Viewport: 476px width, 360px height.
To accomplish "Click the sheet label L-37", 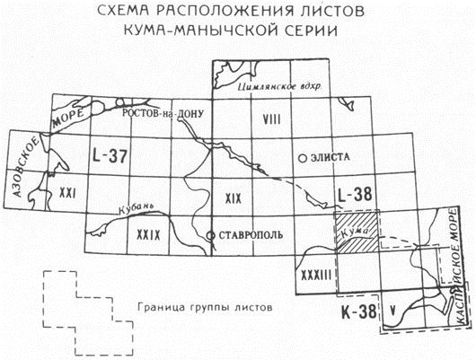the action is (x=110, y=156).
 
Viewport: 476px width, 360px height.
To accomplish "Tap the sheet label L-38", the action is (x=355, y=194).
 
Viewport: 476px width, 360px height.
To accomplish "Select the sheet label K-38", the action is (x=359, y=312).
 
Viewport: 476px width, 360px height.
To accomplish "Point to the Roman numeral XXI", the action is (x=67, y=193).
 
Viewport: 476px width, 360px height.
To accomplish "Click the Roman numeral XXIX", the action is (x=148, y=235).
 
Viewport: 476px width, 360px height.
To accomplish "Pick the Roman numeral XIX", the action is (x=234, y=198).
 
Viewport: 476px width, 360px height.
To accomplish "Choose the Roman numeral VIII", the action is (x=271, y=119).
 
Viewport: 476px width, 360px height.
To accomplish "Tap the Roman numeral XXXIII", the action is (x=315, y=276).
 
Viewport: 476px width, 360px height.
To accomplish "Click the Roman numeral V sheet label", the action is (x=393, y=311).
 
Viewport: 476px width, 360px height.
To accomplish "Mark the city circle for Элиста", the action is (x=303, y=158).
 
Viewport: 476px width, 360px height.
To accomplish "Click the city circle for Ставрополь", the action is (x=210, y=235).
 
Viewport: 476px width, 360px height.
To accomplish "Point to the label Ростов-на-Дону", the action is (x=163, y=113).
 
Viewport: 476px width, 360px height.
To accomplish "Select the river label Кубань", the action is (x=135, y=209).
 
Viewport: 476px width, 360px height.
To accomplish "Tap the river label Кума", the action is (x=355, y=233).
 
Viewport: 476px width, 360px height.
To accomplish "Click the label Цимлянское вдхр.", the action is (x=279, y=87).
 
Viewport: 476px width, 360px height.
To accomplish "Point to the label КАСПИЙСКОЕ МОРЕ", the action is (x=457, y=268).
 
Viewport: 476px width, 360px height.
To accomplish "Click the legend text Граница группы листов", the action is (x=205, y=308).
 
